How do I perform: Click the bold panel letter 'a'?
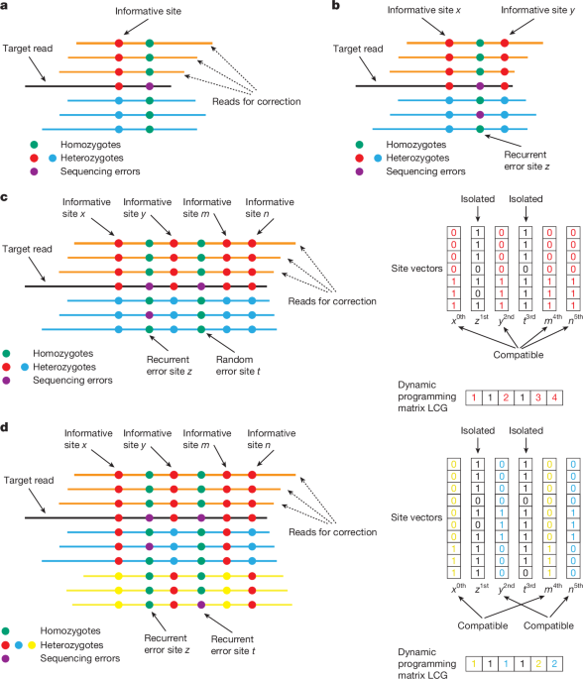pyautogui.click(x=6, y=7)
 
